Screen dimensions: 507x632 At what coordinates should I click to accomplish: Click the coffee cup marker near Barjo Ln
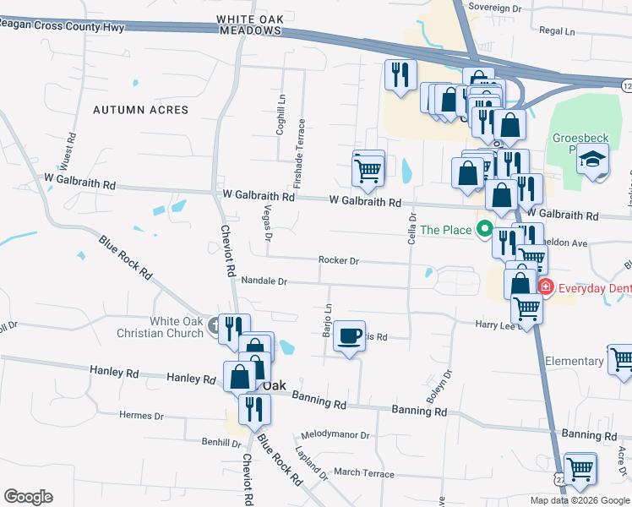point(349,336)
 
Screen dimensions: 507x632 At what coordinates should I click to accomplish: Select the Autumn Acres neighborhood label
point(141,110)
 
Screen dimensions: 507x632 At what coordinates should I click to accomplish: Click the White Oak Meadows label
point(248,24)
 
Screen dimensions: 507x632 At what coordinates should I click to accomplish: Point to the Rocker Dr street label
point(339,261)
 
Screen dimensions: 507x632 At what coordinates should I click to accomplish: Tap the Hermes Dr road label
point(141,416)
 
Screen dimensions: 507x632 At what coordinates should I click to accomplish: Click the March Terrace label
point(363,473)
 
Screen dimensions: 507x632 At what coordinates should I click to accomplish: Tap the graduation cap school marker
point(593,159)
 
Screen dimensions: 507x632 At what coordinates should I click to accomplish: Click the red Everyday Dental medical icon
point(545,287)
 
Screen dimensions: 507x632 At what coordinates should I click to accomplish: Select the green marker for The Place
point(485,228)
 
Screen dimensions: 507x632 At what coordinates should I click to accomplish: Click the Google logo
point(28,497)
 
